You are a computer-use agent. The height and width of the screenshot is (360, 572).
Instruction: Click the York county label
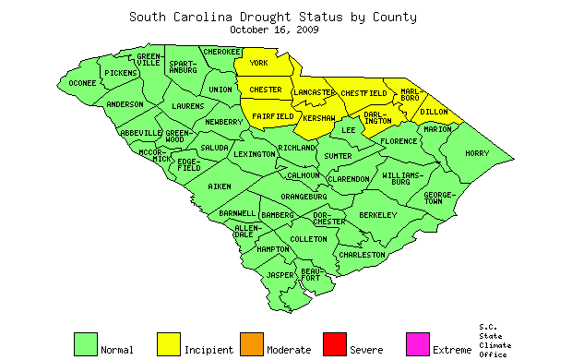[259, 63]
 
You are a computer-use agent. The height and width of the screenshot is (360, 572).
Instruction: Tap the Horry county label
[478, 153]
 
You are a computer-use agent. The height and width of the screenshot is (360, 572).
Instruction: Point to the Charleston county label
[362, 254]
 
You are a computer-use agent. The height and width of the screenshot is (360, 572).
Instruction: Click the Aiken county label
[220, 186]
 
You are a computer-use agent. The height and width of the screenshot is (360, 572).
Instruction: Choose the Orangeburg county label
[304, 197]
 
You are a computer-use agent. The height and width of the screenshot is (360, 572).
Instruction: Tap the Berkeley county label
[377, 214]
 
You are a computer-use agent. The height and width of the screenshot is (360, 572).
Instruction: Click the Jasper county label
[280, 275]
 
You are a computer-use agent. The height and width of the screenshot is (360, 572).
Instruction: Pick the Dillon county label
[434, 111]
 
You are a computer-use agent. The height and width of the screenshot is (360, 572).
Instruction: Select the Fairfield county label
[272, 117]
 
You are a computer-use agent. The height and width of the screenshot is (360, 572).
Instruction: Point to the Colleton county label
[308, 239]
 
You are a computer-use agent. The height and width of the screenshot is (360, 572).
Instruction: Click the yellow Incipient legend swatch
[169, 343]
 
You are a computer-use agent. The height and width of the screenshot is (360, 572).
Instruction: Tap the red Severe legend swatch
[335, 343]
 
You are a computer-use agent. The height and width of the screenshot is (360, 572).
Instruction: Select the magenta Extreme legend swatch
[418, 343]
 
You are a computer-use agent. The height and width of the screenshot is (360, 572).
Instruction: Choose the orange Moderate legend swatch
[252, 343]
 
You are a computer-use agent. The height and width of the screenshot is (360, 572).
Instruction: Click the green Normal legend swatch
[86, 343]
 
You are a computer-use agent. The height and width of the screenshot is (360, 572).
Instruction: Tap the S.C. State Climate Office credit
[494, 341]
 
